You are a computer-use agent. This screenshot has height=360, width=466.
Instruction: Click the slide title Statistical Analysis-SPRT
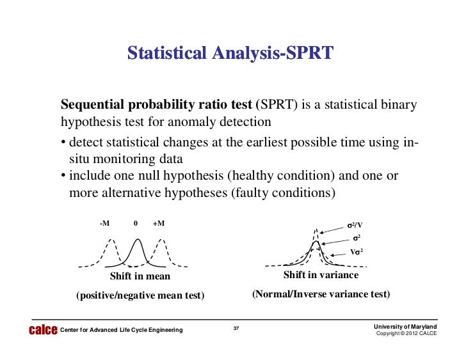pyautogui.click(x=230, y=52)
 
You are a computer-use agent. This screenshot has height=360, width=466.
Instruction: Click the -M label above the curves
pyautogui.click(x=104, y=223)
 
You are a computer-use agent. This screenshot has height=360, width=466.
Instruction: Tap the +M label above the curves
pyautogui.click(x=159, y=223)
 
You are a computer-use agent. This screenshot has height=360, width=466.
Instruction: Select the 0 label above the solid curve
pyautogui.click(x=136, y=223)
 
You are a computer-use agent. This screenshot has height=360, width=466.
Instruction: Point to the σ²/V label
pyautogui.click(x=354, y=226)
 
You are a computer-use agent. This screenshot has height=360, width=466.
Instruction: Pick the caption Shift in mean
pyautogui.click(x=140, y=277)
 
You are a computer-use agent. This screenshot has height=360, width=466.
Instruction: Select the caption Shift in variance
pyautogui.click(x=321, y=275)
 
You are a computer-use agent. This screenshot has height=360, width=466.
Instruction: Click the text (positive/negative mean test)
pyautogui.click(x=140, y=295)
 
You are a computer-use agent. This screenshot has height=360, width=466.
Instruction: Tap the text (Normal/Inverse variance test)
pyautogui.click(x=321, y=295)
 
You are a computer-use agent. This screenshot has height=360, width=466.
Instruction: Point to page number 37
pyautogui.click(x=236, y=329)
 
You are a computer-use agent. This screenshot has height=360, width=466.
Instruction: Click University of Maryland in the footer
pyautogui.click(x=406, y=327)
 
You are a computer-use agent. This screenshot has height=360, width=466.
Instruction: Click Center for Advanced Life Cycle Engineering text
pyautogui.click(x=121, y=330)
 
